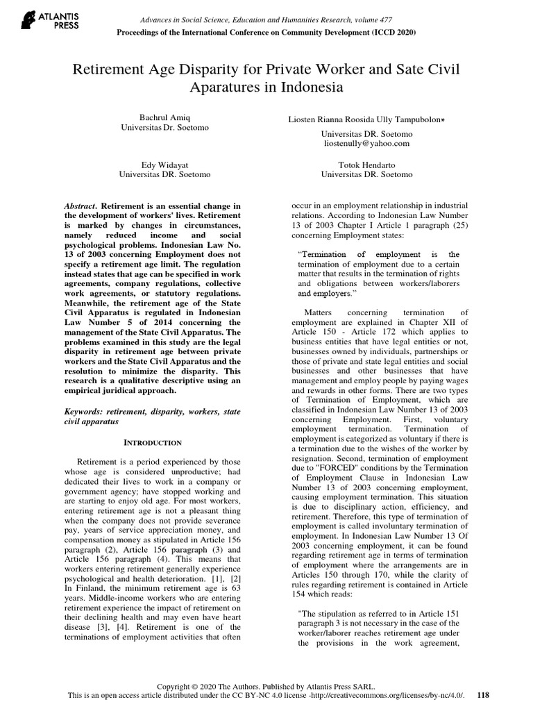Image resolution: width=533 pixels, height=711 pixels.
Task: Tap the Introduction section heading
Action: pyautogui.click(x=152, y=442)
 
